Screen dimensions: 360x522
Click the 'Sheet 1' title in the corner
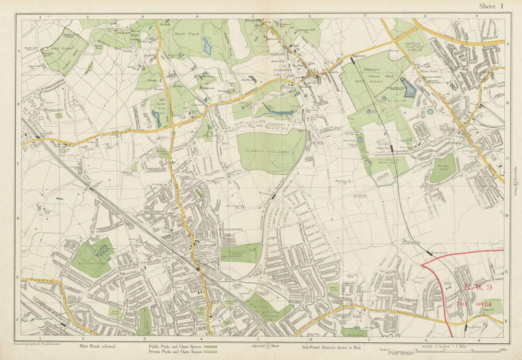pos(491,6)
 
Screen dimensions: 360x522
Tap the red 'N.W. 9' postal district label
pos(477,287)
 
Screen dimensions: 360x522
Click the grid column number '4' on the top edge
pos(197,17)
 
